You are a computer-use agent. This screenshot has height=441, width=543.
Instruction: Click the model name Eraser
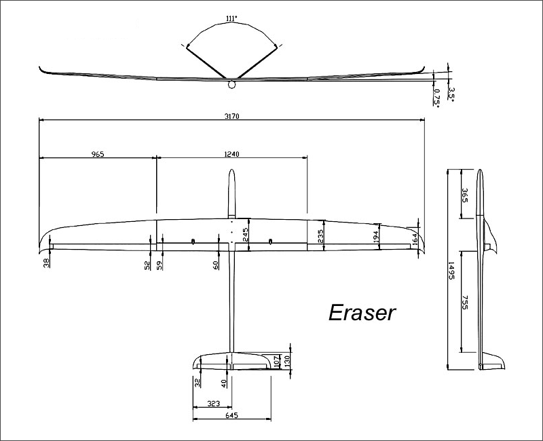coord(361,312)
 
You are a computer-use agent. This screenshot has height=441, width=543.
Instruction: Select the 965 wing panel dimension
coord(97,154)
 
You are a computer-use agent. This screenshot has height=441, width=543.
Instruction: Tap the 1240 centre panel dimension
coord(232,154)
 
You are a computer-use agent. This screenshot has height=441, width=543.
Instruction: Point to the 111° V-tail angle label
coord(231,19)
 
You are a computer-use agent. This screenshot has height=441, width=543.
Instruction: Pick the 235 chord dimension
coord(319,235)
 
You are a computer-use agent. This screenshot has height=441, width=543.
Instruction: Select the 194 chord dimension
coord(375,235)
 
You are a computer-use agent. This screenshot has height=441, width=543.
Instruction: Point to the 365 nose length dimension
coord(465,195)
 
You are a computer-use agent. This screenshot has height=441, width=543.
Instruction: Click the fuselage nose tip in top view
coord(231,170)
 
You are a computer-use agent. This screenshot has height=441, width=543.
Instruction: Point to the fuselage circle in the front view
coord(231,85)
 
